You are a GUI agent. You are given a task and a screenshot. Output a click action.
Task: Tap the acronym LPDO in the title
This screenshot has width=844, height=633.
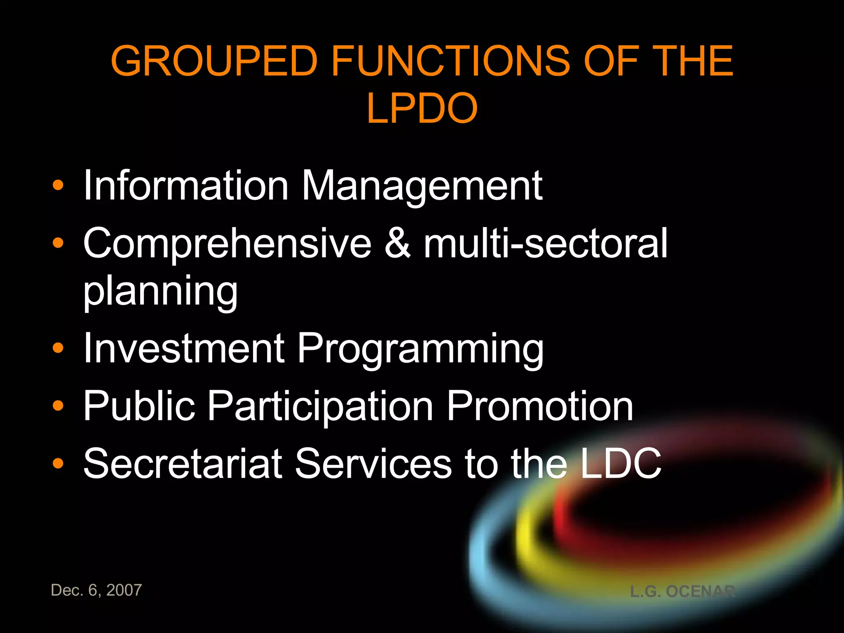coord(422,108)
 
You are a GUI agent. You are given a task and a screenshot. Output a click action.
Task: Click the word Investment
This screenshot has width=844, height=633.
coord(184,348)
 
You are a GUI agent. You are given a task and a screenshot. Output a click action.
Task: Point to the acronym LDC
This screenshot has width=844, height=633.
coord(621,464)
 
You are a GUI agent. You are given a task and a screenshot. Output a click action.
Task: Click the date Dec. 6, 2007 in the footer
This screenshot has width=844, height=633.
coord(96,590)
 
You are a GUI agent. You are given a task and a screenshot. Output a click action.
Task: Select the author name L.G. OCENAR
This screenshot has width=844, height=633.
coord(682,591)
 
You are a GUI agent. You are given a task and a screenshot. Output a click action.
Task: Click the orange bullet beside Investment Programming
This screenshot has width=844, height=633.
coord(58,348)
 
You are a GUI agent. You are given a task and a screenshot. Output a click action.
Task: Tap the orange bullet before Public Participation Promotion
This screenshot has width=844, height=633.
coord(58,406)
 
